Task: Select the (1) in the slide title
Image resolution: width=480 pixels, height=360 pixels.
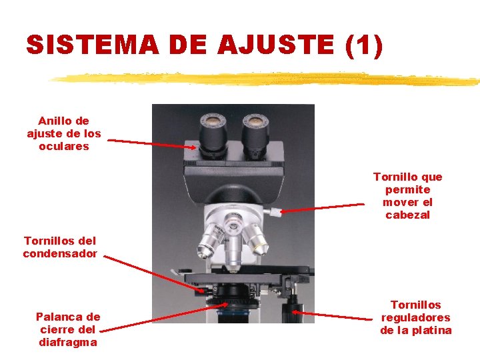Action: pyautogui.click(x=364, y=45)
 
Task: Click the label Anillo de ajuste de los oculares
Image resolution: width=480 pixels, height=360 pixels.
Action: pyautogui.click(x=64, y=133)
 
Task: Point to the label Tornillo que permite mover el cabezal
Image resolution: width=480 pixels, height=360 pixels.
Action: pyautogui.click(x=407, y=196)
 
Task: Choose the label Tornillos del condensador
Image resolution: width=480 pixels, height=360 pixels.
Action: pyautogui.click(x=60, y=247)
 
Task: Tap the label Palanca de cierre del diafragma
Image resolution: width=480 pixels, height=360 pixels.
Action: pyautogui.click(x=68, y=329)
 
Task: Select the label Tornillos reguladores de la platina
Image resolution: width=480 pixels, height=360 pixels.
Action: pyautogui.click(x=416, y=317)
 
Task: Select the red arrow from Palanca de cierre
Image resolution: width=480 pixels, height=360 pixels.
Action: pyautogui.click(x=163, y=318)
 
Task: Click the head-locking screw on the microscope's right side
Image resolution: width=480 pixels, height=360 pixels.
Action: pyautogui.click(x=273, y=211)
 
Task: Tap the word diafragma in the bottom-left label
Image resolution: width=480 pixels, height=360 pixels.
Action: pyautogui.click(x=68, y=342)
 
